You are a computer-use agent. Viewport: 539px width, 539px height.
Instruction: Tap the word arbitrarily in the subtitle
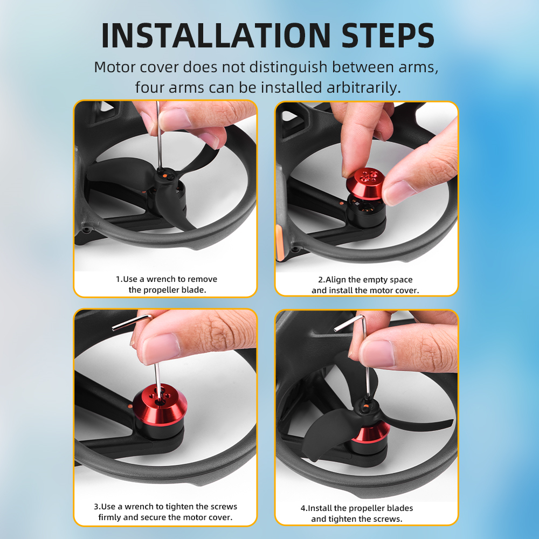[x=364, y=88]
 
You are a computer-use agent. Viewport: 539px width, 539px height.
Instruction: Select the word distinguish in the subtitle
[x=288, y=67]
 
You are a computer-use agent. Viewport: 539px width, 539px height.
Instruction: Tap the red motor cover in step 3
[x=160, y=402]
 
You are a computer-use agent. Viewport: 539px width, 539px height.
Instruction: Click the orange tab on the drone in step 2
[x=279, y=242]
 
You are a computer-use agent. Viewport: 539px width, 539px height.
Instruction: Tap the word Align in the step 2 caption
[x=336, y=280]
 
